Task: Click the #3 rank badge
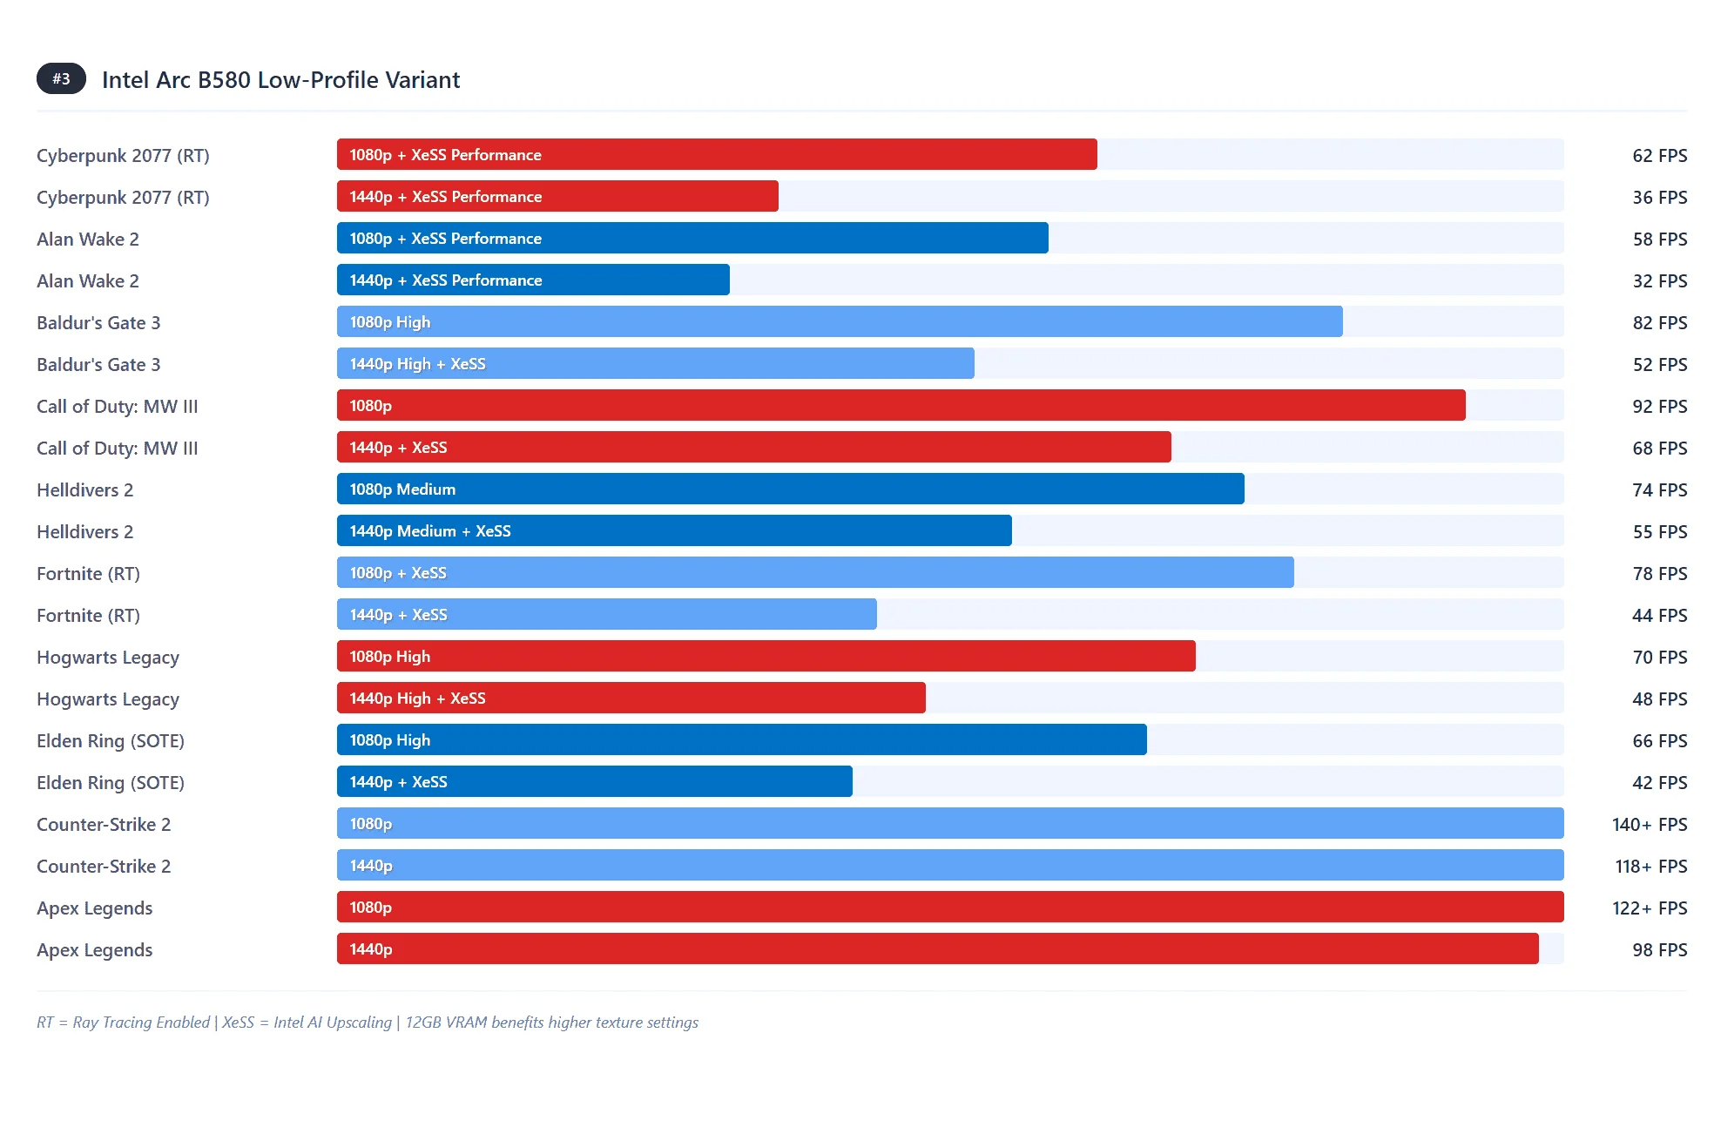pyautogui.click(x=61, y=79)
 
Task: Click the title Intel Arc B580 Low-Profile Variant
pyautogui.click(x=280, y=80)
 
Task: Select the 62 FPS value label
pyautogui.click(x=1659, y=156)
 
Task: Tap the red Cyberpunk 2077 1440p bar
pyautogui.click(x=557, y=197)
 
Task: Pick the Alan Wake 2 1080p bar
pyautogui.click(x=692, y=239)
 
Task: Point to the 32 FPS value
pyautogui.click(x=1659, y=281)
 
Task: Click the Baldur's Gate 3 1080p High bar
pyautogui.click(x=840, y=322)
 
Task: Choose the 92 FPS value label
pyautogui.click(x=1659, y=407)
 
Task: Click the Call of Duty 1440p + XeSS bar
pyautogui.click(x=753, y=448)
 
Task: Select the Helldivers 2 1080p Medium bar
pyautogui.click(x=790, y=489)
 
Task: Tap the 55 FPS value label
pyautogui.click(x=1659, y=532)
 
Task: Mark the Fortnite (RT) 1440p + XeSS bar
pyautogui.click(x=606, y=615)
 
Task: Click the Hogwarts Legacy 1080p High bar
pyautogui.click(x=766, y=657)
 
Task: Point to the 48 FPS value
pyautogui.click(x=1659, y=699)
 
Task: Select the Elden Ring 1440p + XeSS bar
pyautogui.click(x=594, y=782)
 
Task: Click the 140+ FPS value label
pyautogui.click(x=1649, y=825)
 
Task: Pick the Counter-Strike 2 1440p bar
pyautogui.click(x=949, y=866)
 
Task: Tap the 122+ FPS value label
pyautogui.click(x=1649, y=908)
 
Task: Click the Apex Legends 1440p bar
pyautogui.click(x=937, y=949)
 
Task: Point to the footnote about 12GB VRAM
pyautogui.click(x=552, y=1023)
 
